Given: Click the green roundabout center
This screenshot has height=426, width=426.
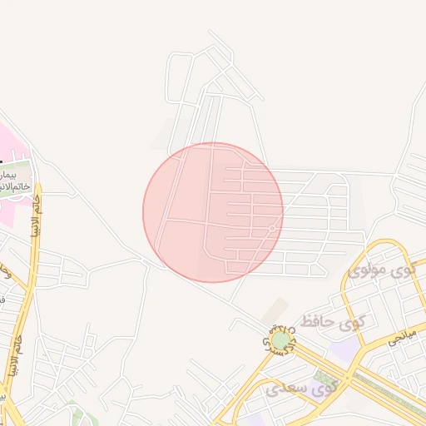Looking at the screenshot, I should click(x=281, y=339).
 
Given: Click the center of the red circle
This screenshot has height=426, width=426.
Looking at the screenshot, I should click(x=213, y=212).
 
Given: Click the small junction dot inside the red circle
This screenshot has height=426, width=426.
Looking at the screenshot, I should click(x=272, y=228).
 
